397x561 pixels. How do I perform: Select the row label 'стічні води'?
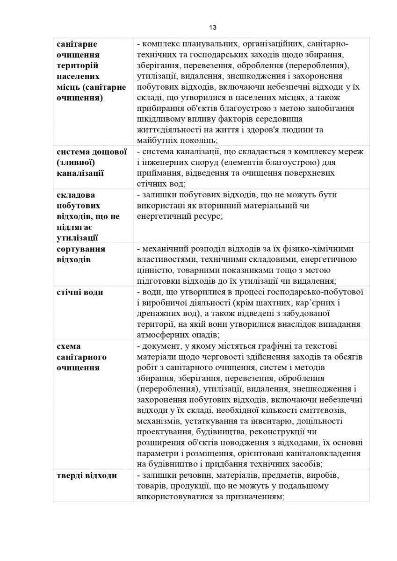pyautogui.click(x=79, y=292)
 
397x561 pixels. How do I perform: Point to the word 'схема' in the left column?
pyautogui.click(x=68, y=346)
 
